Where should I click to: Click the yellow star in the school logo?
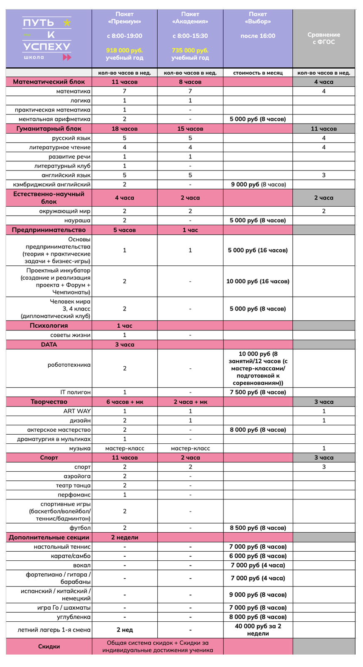(67, 22)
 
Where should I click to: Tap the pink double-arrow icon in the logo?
(66, 57)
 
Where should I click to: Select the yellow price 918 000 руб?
(124, 50)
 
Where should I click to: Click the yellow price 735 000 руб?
(190, 50)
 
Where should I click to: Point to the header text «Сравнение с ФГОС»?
(324, 38)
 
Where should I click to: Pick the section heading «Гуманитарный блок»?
(49, 129)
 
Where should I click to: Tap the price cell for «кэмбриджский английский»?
(258, 184)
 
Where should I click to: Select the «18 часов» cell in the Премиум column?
(125, 129)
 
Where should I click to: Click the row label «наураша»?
(77, 220)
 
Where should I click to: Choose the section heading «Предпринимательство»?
(49, 230)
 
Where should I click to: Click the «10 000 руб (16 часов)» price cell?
(258, 281)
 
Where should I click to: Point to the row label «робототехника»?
(69, 365)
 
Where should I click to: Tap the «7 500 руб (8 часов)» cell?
(258, 392)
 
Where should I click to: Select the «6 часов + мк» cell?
(125, 402)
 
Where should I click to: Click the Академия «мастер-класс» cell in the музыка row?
(190, 448)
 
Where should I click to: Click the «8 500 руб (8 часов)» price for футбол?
(258, 528)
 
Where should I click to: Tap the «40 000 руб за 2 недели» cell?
(258, 630)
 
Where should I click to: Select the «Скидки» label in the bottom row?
(49, 646)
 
